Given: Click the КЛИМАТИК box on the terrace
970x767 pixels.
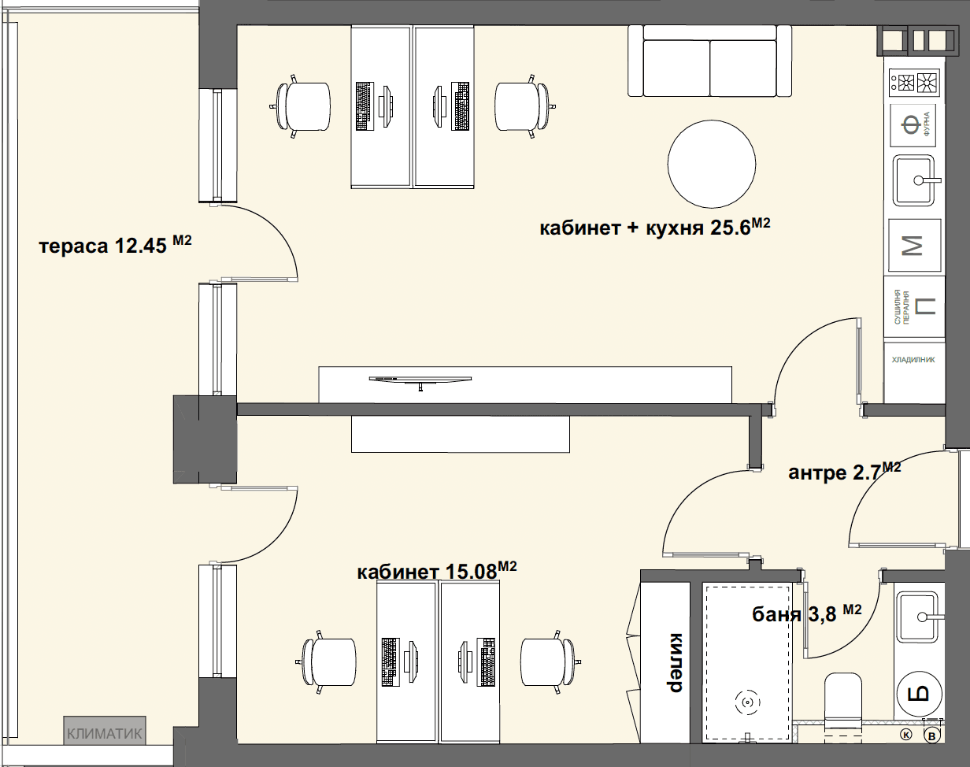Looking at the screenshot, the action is point(105,733).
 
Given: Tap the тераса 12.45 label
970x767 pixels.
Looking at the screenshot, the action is point(116,245).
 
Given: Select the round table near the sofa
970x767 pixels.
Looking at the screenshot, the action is point(712,164).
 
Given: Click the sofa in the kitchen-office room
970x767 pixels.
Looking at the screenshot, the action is point(710,61).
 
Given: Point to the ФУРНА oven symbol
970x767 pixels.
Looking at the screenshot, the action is point(913,125).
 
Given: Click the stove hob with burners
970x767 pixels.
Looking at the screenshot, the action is point(913,83).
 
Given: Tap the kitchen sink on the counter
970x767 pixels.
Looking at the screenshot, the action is point(915,180).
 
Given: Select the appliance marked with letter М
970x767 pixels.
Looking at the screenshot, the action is point(915,245).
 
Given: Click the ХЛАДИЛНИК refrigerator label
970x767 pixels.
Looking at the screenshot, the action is point(913,360).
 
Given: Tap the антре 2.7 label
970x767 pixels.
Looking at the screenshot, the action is point(844,471).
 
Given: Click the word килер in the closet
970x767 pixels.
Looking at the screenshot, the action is point(676,662).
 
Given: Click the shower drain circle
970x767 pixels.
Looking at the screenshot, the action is point(747,702).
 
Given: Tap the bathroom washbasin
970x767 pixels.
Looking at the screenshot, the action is point(918,617).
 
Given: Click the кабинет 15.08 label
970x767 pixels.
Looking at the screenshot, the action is point(437,571).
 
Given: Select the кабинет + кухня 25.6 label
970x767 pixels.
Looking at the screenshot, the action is point(655,227).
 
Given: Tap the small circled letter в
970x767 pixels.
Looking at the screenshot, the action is point(931,749).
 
